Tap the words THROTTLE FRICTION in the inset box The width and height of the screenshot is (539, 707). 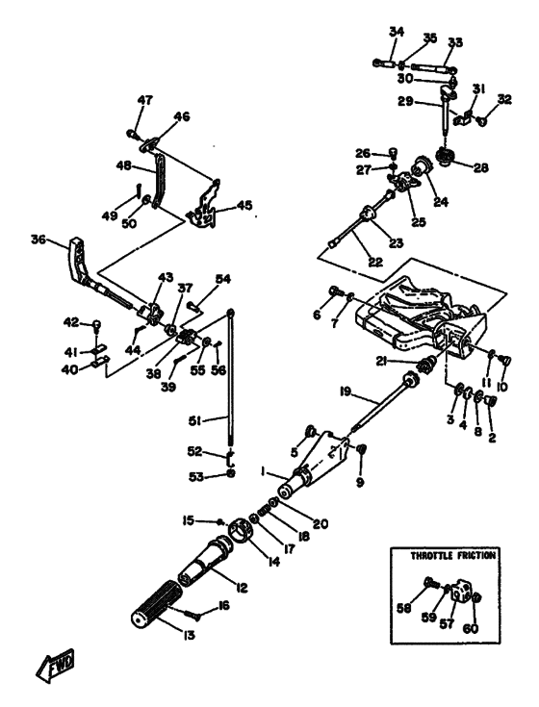[x=452, y=555]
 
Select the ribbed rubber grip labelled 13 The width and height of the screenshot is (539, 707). [x=157, y=602]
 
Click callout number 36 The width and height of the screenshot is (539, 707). [x=38, y=240]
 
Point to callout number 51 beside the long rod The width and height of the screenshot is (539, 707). [x=194, y=421]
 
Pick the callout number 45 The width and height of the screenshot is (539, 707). [x=244, y=206]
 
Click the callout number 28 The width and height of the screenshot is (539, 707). [x=481, y=168]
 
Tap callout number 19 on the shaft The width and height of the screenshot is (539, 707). [x=346, y=391]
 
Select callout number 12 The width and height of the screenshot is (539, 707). [x=242, y=588]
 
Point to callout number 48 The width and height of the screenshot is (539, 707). [x=123, y=165]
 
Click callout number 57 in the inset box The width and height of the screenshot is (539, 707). [x=447, y=624]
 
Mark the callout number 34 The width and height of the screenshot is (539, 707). [x=397, y=32]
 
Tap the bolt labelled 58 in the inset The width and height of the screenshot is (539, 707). [x=432, y=584]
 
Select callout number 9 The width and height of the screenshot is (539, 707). [x=360, y=483]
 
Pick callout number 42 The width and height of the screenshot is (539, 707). [x=71, y=322]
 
